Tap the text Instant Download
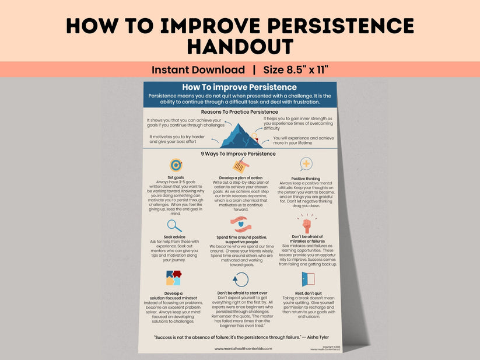(x=198, y=70)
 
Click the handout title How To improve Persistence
(x=240, y=88)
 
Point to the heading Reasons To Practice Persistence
(x=240, y=111)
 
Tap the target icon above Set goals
(x=176, y=165)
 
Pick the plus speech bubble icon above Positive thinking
(x=306, y=164)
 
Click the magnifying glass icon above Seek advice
(x=174, y=225)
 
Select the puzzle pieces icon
(x=173, y=278)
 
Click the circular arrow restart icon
(x=240, y=279)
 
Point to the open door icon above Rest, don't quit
(x=307, y=279)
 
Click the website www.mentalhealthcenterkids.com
(x=243, y=348)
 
